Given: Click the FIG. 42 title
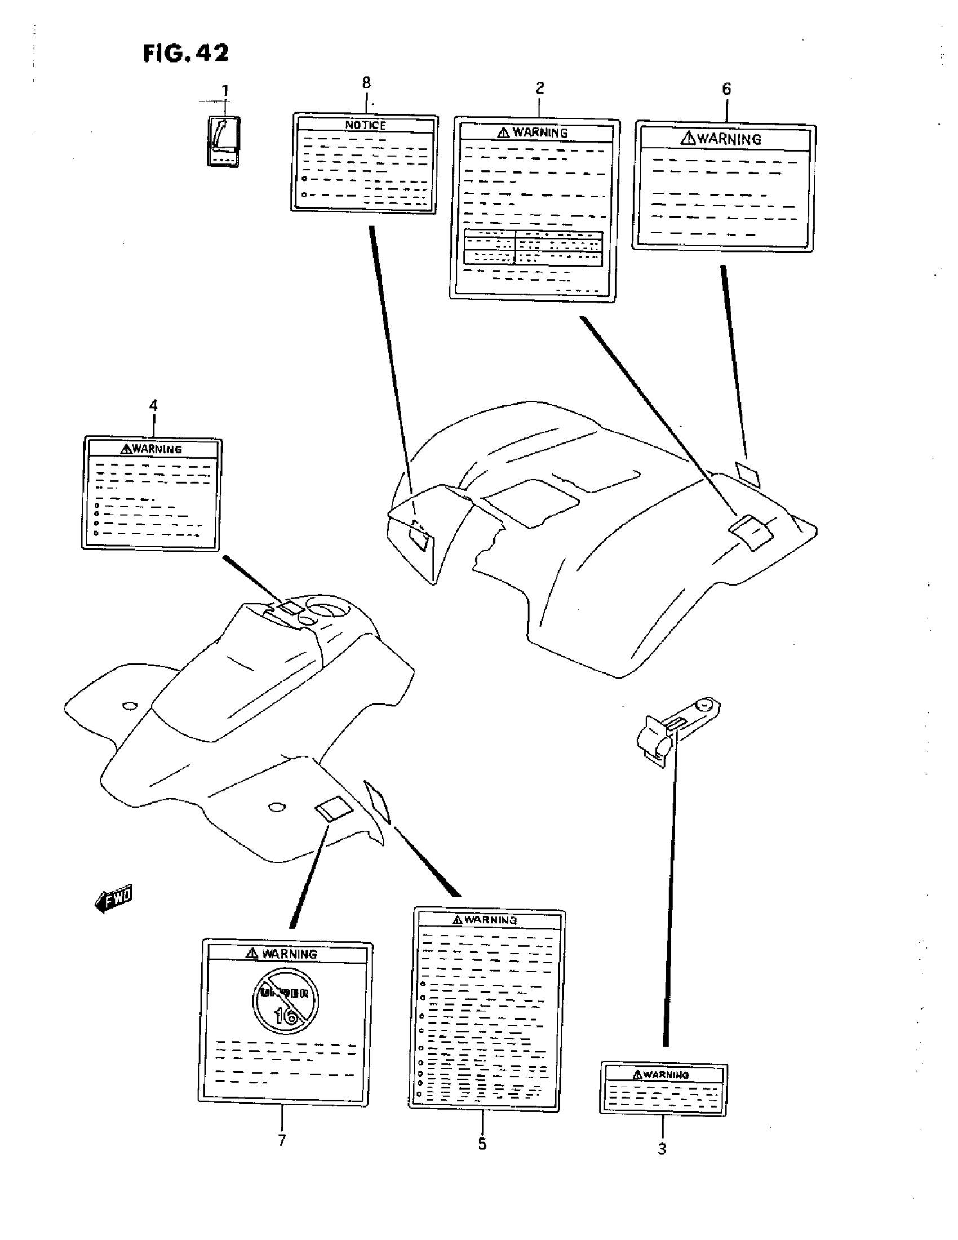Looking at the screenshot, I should pos(185,54).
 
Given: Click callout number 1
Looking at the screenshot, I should pos(225,90).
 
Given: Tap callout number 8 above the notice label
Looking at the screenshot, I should pos(367,83).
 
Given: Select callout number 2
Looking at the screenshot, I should pos(540,87).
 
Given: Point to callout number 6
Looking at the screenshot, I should pos(726,89).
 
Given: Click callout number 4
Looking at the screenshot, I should pos(154,405).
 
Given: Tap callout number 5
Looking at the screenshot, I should pos(482,1144).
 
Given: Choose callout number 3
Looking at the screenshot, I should pos(662,1149).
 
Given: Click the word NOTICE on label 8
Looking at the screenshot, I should pos(366,125).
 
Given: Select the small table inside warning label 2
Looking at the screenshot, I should pos(533,247).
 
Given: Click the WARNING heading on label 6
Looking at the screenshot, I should pos(729,139).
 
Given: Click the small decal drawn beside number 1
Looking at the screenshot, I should pos(224,141).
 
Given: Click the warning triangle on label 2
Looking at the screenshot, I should pos(503,133).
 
